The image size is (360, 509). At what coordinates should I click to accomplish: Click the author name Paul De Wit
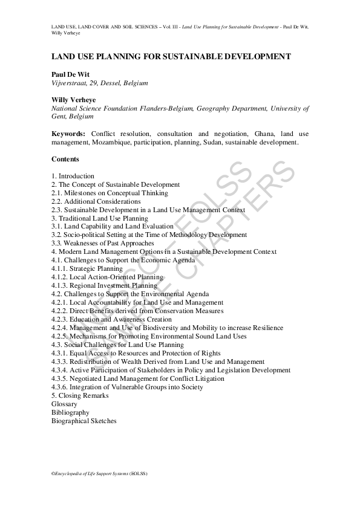[x=70, y=74]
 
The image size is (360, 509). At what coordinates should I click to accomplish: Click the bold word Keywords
[x=70, y=134]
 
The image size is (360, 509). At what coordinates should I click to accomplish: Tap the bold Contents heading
[x=65, y=159]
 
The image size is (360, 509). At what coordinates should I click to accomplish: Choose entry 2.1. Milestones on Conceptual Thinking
[x=110, y=193]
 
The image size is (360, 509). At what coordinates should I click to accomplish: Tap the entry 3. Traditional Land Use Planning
[x=100, y=218]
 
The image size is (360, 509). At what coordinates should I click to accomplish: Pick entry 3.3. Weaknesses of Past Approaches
[x=103, y=243]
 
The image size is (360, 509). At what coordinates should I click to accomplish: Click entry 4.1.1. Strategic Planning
[x=87, y=268]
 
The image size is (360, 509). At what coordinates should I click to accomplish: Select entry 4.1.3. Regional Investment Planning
[x=104, y=285]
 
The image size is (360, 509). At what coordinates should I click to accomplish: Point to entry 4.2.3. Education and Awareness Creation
[x=112, y=319]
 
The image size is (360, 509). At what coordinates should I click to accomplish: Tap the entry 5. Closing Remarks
[x=80, y=395]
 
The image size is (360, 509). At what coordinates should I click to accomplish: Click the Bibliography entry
[x=70, y=412]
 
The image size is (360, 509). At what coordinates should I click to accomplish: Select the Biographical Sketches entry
[x=84, y=421]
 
